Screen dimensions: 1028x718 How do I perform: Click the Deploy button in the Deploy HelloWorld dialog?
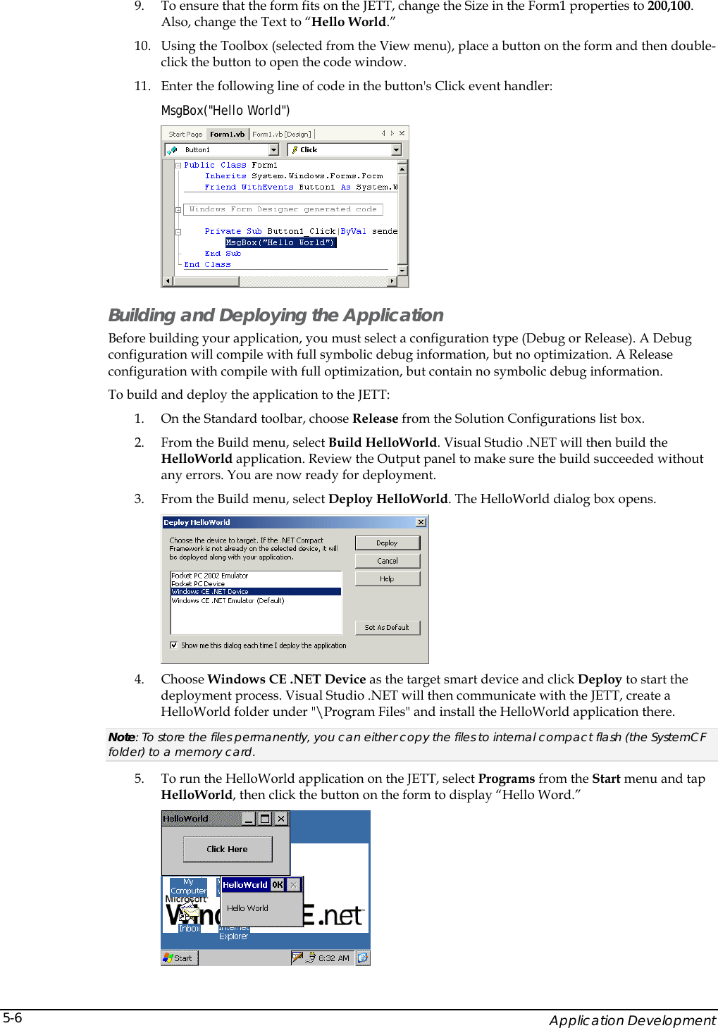(387, 543)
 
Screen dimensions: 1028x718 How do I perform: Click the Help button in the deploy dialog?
(387, 579)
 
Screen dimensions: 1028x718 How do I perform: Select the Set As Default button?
(387, 627)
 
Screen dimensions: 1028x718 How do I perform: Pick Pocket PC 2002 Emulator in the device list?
(210, 576)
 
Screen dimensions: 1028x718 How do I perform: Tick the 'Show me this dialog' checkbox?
(174, 645)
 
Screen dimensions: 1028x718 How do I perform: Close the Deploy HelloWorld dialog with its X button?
(421, 522)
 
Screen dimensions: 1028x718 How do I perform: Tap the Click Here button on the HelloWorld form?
(227, 849)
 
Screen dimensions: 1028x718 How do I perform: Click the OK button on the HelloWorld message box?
(278, 885)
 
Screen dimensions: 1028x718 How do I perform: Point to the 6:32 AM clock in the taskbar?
(333, 958)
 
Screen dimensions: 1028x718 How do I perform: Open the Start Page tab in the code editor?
(185, 134)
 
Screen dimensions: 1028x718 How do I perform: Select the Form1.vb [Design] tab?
(281, 134)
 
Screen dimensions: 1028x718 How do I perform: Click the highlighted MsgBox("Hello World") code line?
(280, 242)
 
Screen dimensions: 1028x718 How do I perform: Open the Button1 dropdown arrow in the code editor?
(274, 149)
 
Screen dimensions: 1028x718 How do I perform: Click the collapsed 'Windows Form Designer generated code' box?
(283, 209)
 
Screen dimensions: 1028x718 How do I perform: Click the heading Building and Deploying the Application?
(276, 315)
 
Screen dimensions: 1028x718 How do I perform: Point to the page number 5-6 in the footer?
(13, 1017)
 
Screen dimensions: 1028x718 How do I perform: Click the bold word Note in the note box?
(121, 737)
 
